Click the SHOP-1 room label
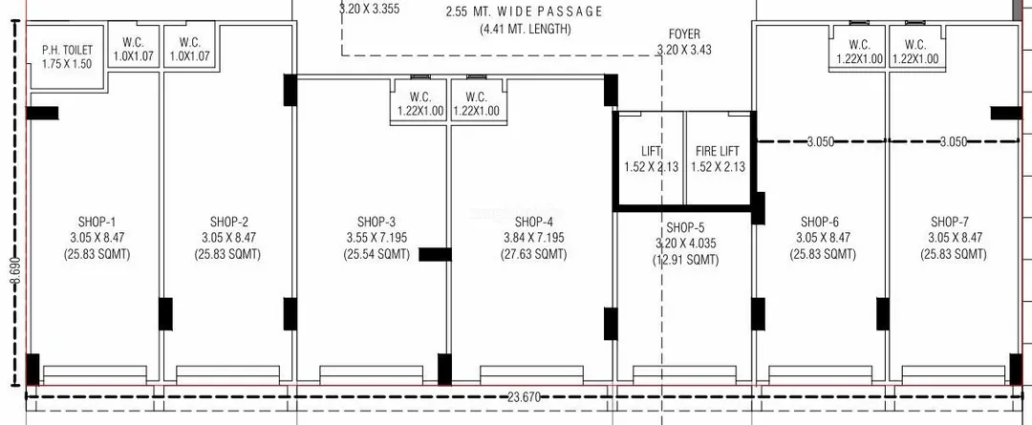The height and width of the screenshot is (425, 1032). [97, 221]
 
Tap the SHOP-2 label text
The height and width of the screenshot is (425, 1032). [229, 221]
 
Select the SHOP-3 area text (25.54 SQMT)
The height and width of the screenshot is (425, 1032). [376, 254]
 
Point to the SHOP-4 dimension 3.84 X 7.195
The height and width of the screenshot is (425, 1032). [532, 238]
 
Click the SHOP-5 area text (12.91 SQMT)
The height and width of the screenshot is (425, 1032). [685, 260]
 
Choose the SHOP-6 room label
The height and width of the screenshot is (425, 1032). [820, 221]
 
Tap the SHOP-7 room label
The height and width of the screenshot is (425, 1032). [950, 221]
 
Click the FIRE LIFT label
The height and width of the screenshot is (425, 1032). [718, 151]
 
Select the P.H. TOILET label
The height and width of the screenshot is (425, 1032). [68, 50]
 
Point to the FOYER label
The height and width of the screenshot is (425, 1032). [684, 34]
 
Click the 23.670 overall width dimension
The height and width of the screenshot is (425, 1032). [524, 396]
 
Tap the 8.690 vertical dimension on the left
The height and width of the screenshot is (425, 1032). [14, 270]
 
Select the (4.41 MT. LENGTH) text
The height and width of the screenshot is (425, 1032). [526, 29]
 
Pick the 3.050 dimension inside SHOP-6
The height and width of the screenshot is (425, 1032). [821, 141]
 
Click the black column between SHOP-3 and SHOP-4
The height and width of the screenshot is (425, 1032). [435, 254]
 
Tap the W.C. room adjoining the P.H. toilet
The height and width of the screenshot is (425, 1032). [133, 50]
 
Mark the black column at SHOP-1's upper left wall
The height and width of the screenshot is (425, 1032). [42, 113]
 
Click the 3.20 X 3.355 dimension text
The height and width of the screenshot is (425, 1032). [369, 10]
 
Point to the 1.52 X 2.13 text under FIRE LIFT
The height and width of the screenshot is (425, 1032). [718, 166]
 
